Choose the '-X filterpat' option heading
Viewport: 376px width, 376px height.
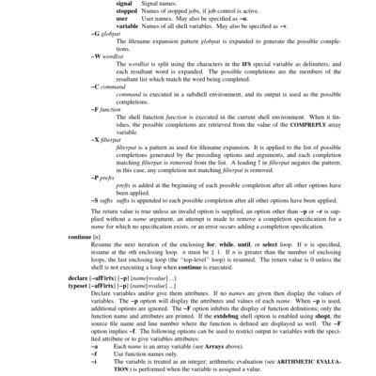(108, 139)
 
